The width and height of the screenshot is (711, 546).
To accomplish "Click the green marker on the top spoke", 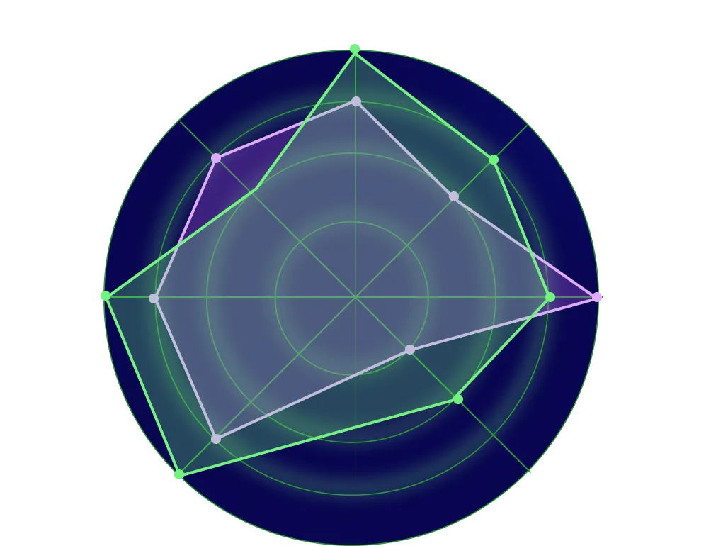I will [355, 49].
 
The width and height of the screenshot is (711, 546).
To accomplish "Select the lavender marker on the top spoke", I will [356, 101].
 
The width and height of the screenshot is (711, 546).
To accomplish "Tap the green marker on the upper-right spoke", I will [494, 160].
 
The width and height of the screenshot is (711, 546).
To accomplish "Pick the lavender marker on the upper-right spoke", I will [454, 196].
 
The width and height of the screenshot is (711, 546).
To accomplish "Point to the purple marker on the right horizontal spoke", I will [597, 296].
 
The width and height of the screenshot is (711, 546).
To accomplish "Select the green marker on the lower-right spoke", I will [458, 399].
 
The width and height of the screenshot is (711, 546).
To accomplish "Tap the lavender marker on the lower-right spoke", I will [409, 350].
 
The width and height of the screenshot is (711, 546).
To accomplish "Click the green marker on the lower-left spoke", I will [179, 474].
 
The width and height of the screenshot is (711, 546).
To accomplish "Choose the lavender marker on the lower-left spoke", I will [216, 439].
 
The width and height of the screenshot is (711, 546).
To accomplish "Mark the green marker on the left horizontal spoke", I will [106, 296].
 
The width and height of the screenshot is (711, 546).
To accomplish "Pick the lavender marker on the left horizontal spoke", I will [154, 298].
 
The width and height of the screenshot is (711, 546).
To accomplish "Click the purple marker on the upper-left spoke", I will [216, 158].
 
